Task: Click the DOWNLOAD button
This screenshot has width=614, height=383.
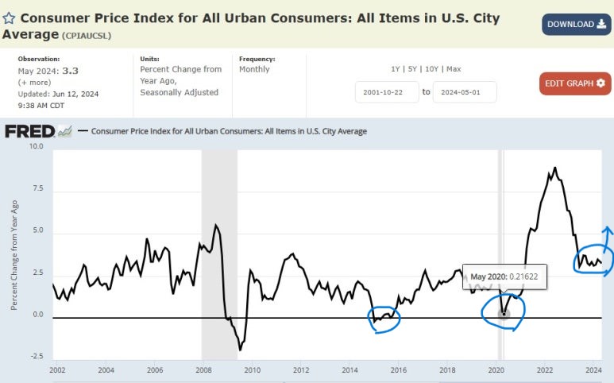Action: pyautogui.click(x=577, y=24)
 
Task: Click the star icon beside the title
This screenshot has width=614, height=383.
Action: pyautogui.click(x=9, y=17)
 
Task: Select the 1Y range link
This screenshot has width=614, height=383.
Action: pyautogui.click(x=396, y=69)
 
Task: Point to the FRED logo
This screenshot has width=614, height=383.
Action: pyautogui.click(x=30, y=131)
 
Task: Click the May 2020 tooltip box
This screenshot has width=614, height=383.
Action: pyautogui.click(x=504, y=276)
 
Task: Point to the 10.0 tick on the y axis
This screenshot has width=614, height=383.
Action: pyautogui.click(x=36, y=147)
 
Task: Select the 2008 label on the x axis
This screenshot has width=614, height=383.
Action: pyautogui.click(x=203, y=370)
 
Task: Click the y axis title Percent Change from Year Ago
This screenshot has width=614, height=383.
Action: pyautogui.click(x=14, y=254)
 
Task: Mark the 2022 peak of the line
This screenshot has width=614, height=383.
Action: pyautogui.click(x=554, y=168)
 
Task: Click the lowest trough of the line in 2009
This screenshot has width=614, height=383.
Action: pyautogui.click(x=240, y=350)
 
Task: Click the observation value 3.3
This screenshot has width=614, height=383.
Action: pyautogui.click(x=71, y=70)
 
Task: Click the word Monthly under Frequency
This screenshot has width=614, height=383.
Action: pyautogui.click(x=254, y=70)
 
